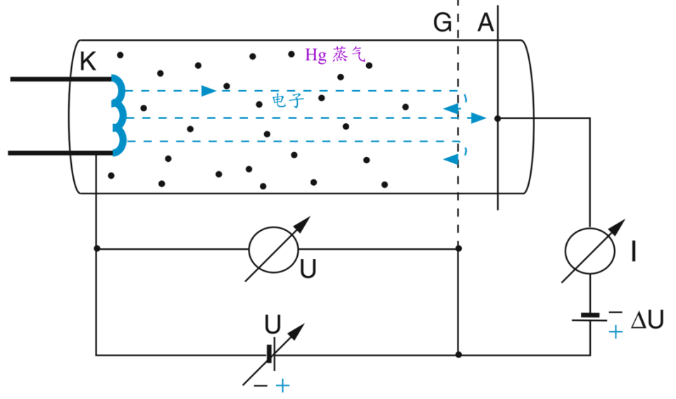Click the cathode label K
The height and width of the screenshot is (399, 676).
(x=88, y=62)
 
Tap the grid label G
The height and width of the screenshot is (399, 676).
(x=442, y=23)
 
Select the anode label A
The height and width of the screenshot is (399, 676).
(x=485, y=23)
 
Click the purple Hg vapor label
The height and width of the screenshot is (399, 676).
(x=335, y=55)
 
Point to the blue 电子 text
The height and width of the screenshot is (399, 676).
(x=288, y=101)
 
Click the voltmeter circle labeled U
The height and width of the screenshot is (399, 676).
(x=273, y=250)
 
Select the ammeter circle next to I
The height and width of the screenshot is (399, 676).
(x=590, y=251)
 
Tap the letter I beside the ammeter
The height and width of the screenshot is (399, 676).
(x=633, y=252)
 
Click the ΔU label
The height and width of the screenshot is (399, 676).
(x=647, y=320)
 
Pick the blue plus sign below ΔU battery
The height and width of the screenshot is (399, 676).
(x=615, y=331)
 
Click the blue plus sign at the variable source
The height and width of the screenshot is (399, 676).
(x=282, y=386)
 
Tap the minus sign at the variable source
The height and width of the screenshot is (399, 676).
(x=261, y=386)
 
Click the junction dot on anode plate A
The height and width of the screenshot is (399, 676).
(x=498, y=118)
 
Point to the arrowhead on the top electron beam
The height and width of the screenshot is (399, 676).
(x=208, y=91)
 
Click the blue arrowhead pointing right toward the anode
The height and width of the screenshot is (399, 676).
(x=479, y=118)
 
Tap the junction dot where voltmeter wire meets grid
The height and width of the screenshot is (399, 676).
(x=458, y=248)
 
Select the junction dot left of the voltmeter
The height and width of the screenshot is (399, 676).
(x=96, y=248)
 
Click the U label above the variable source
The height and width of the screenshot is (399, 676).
(x=273, y=324)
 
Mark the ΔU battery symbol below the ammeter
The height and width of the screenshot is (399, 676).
(x=590, y=318)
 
